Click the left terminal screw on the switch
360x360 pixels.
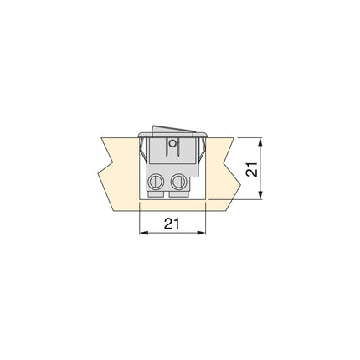155,181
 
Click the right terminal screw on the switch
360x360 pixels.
177,181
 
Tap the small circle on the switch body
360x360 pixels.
172,143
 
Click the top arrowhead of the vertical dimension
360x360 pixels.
263,141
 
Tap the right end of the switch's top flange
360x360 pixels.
205,134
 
